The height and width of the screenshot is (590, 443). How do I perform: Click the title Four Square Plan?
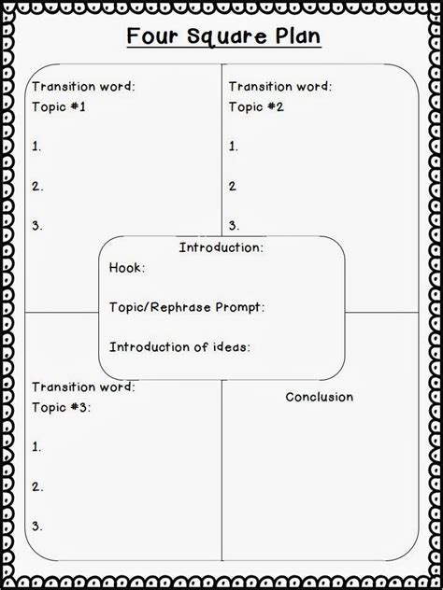221,38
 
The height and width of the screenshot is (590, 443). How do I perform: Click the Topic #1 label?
59,106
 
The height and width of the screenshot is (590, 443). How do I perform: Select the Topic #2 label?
255,106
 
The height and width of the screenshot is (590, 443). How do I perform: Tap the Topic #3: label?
62,409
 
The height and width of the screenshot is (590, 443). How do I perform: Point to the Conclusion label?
319,397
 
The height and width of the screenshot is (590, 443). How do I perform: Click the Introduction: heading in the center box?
221,247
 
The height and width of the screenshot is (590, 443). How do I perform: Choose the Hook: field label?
127,267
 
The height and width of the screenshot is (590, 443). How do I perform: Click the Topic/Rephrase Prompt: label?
186,306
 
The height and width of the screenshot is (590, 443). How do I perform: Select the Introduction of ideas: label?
179,346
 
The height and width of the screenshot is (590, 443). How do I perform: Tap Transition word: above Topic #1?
82,87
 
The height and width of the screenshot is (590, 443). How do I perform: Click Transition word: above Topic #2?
279,87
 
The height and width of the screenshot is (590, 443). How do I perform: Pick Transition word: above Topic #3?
82,386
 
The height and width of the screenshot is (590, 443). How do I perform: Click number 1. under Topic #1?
36,146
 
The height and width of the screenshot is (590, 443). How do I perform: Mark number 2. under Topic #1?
37,185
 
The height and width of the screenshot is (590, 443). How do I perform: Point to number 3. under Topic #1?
37,225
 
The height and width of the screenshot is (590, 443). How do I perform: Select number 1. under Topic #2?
233,146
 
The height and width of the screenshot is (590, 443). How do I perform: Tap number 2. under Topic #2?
234,185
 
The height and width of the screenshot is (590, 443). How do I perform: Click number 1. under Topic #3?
36,447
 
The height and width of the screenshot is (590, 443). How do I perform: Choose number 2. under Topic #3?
37,486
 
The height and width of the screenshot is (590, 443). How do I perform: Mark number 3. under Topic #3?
37,526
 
